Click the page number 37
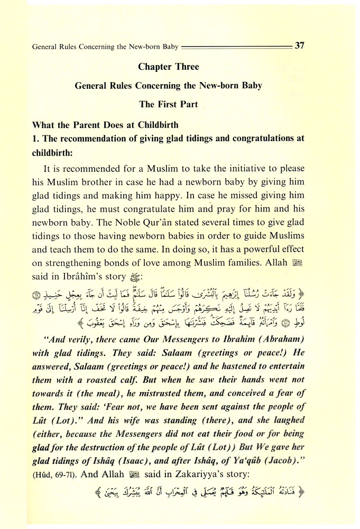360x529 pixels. pos(299,46)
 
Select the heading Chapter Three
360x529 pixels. pos(169,67)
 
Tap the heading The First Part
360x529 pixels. pos(168,104)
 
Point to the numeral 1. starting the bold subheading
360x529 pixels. pos(35,140)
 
